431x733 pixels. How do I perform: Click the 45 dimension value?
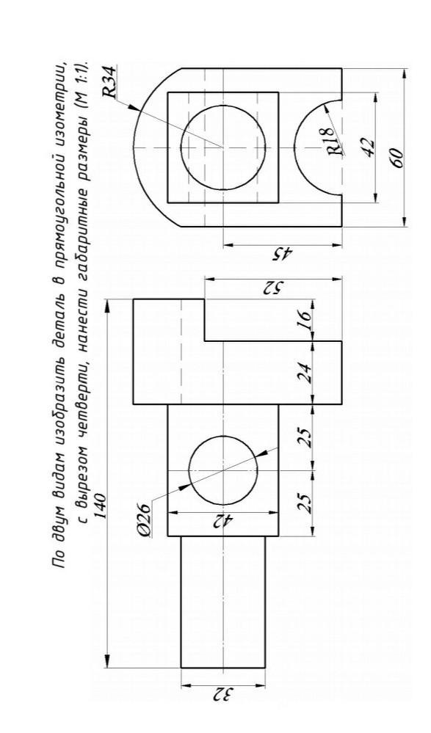283,255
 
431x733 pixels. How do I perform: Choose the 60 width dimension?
396,158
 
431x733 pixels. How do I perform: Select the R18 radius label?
335,140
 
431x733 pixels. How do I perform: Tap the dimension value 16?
305,321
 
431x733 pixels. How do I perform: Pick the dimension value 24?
305,373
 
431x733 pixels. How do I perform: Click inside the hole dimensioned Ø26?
223,470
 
